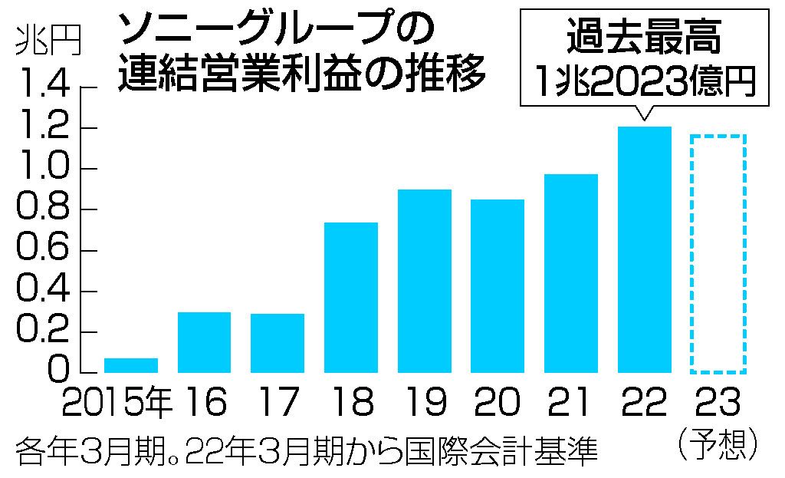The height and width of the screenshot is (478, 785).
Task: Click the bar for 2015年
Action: (x=130, y=365)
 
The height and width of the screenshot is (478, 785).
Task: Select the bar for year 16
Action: (x=204, y=342)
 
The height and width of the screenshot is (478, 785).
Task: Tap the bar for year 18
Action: (x=351, y=298)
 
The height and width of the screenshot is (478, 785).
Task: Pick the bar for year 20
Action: (x=498, y=286)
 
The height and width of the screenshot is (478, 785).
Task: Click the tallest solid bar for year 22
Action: (x=645, y=250)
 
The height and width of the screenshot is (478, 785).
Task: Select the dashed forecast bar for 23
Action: (x=718, y=254)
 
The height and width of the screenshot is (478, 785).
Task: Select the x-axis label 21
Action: (x=571, y=403)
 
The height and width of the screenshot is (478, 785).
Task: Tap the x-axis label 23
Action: (x=718, y=403)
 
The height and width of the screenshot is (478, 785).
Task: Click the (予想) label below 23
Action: (x=718, y=443)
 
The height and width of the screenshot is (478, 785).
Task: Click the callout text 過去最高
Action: (x=643, y=37)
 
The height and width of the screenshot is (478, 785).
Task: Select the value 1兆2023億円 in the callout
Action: (x=643, y=79)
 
